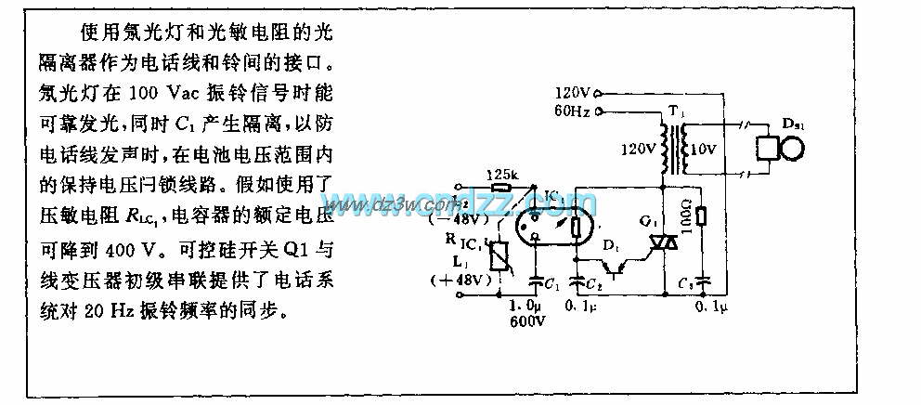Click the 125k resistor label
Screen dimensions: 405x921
tap(503, 174)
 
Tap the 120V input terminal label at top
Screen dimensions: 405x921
tap(572, 94)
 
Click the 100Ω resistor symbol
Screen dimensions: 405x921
tap(701, 216)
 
